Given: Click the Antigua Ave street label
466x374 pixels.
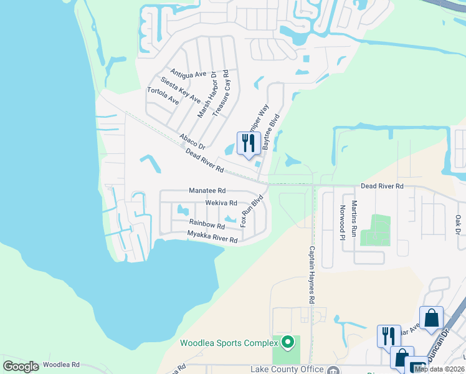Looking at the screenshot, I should point(188,74).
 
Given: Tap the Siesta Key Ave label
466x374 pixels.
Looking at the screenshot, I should point(180,90).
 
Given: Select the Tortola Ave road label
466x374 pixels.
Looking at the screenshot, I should point(163,95).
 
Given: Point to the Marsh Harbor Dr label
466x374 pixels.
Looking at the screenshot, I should point(206,94).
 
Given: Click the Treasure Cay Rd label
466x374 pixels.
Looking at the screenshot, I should point(226,98).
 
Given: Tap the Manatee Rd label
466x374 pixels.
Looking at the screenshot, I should point(207,191).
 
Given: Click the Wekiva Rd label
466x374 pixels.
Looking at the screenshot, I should point(221,203).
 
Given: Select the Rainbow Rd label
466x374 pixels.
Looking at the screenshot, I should point(207,224).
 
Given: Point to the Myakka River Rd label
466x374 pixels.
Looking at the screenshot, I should point(212,236).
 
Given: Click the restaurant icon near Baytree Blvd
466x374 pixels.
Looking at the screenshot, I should point(249,143).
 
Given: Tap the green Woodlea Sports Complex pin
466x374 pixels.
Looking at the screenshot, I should point(287,342).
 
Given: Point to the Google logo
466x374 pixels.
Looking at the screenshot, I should point(21,367).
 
